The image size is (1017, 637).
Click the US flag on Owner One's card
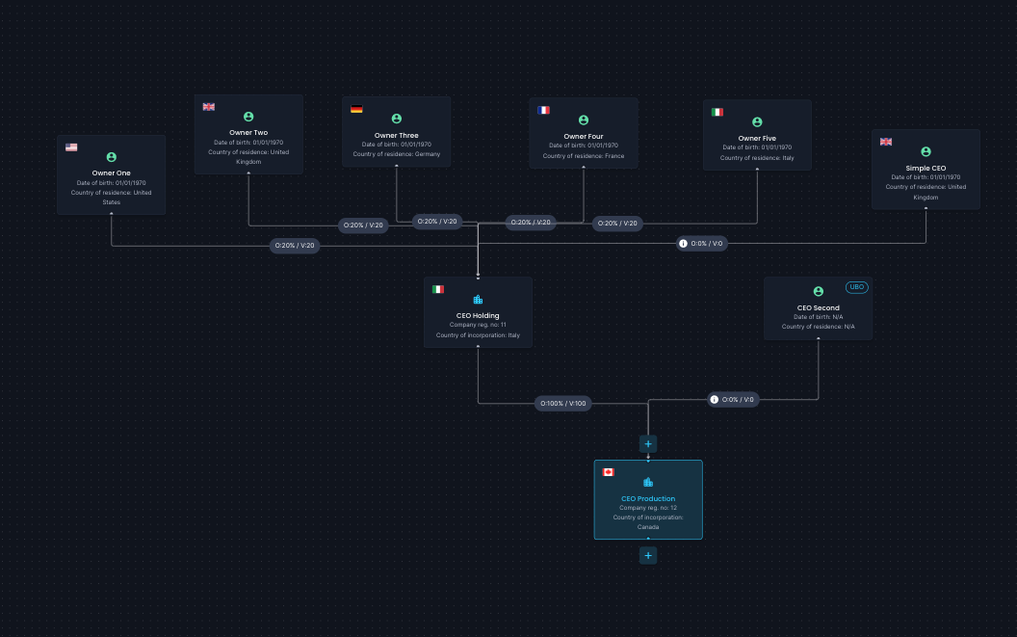[71, 147]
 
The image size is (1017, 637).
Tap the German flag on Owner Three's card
[356, 109]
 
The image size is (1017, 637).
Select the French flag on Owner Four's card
[543, 111]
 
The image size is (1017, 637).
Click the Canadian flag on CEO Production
[609, 472]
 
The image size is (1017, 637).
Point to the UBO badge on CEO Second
[857, 287]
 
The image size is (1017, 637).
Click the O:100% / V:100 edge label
[563, 403]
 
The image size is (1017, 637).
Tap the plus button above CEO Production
[648, 444]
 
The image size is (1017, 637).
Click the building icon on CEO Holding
[478, 300]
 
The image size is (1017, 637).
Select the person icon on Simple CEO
[926, 152]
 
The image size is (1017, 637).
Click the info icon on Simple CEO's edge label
[683, 244]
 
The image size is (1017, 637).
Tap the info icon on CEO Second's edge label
[714, 399]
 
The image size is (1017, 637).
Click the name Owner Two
[248, 132]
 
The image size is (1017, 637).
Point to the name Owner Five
[757, 139]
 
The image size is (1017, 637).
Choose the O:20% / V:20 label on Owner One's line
[295, 246]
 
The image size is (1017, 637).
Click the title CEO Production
[648, 498]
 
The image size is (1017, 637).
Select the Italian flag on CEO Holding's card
[438, 290]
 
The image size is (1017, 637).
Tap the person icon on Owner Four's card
[584, 120]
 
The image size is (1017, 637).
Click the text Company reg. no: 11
[478, 325]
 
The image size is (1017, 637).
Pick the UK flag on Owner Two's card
[209, 107]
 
